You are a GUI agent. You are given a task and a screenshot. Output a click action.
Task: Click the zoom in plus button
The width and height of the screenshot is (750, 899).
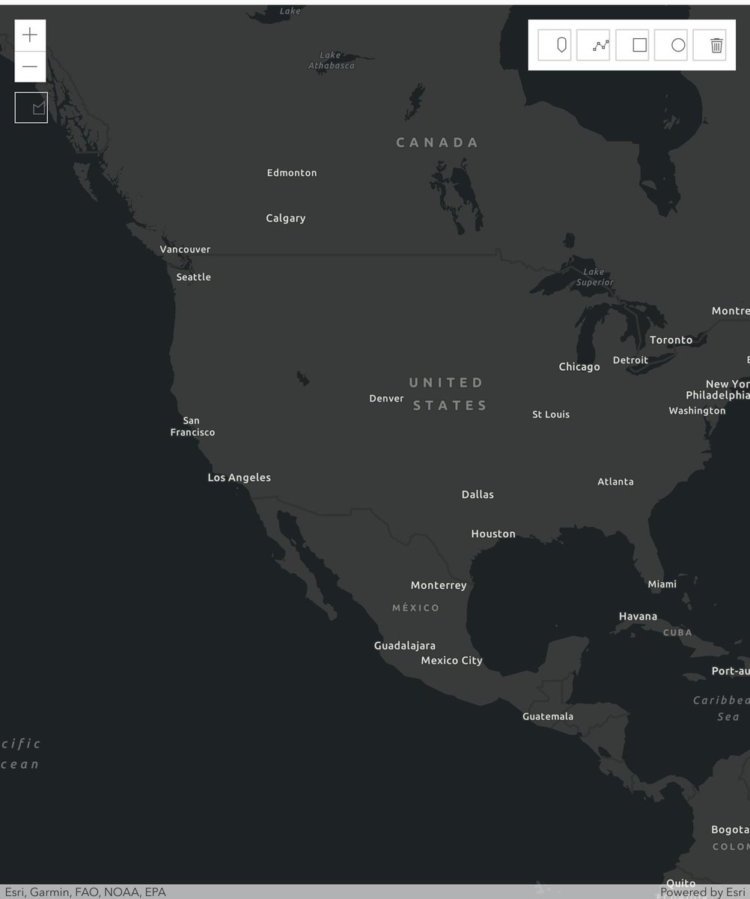(30, 35)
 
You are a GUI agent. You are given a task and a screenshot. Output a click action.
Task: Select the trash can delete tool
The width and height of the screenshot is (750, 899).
(716, 46)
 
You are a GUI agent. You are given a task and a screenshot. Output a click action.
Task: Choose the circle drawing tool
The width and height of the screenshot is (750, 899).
(678, 46)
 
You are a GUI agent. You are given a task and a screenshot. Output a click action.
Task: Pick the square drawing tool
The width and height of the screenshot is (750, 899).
(639, 46)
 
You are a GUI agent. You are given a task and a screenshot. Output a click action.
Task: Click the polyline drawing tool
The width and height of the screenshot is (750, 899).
(601, 46)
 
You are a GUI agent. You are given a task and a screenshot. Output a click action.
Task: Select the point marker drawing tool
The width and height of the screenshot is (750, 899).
(561, 46)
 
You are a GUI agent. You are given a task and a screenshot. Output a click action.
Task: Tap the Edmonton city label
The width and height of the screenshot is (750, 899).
(292, 173)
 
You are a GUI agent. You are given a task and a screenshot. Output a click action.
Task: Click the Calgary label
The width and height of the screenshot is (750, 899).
(286, 219)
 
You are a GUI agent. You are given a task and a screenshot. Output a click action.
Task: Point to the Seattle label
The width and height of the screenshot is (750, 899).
(194, 277)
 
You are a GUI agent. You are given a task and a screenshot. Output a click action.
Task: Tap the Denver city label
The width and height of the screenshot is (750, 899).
(386, 399)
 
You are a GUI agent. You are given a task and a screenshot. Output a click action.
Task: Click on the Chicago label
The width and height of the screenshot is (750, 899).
(579, 367)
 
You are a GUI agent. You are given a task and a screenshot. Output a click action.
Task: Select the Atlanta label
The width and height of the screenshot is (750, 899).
(615, 482)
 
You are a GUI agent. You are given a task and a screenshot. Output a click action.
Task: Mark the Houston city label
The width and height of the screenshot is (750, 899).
(493, 534)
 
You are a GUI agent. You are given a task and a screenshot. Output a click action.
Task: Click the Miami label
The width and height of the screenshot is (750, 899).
(662, 584)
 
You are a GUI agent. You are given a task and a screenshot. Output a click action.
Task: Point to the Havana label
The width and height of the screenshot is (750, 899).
(638, 617)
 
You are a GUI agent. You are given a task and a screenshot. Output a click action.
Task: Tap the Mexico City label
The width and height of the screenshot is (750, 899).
(451, 661)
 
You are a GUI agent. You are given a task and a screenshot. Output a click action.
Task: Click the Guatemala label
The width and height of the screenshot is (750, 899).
(548, 717)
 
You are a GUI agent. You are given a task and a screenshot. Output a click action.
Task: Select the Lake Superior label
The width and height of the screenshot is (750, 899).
(594, 277)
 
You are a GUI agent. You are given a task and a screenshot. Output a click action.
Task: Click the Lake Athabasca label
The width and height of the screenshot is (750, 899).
(332, 61)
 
